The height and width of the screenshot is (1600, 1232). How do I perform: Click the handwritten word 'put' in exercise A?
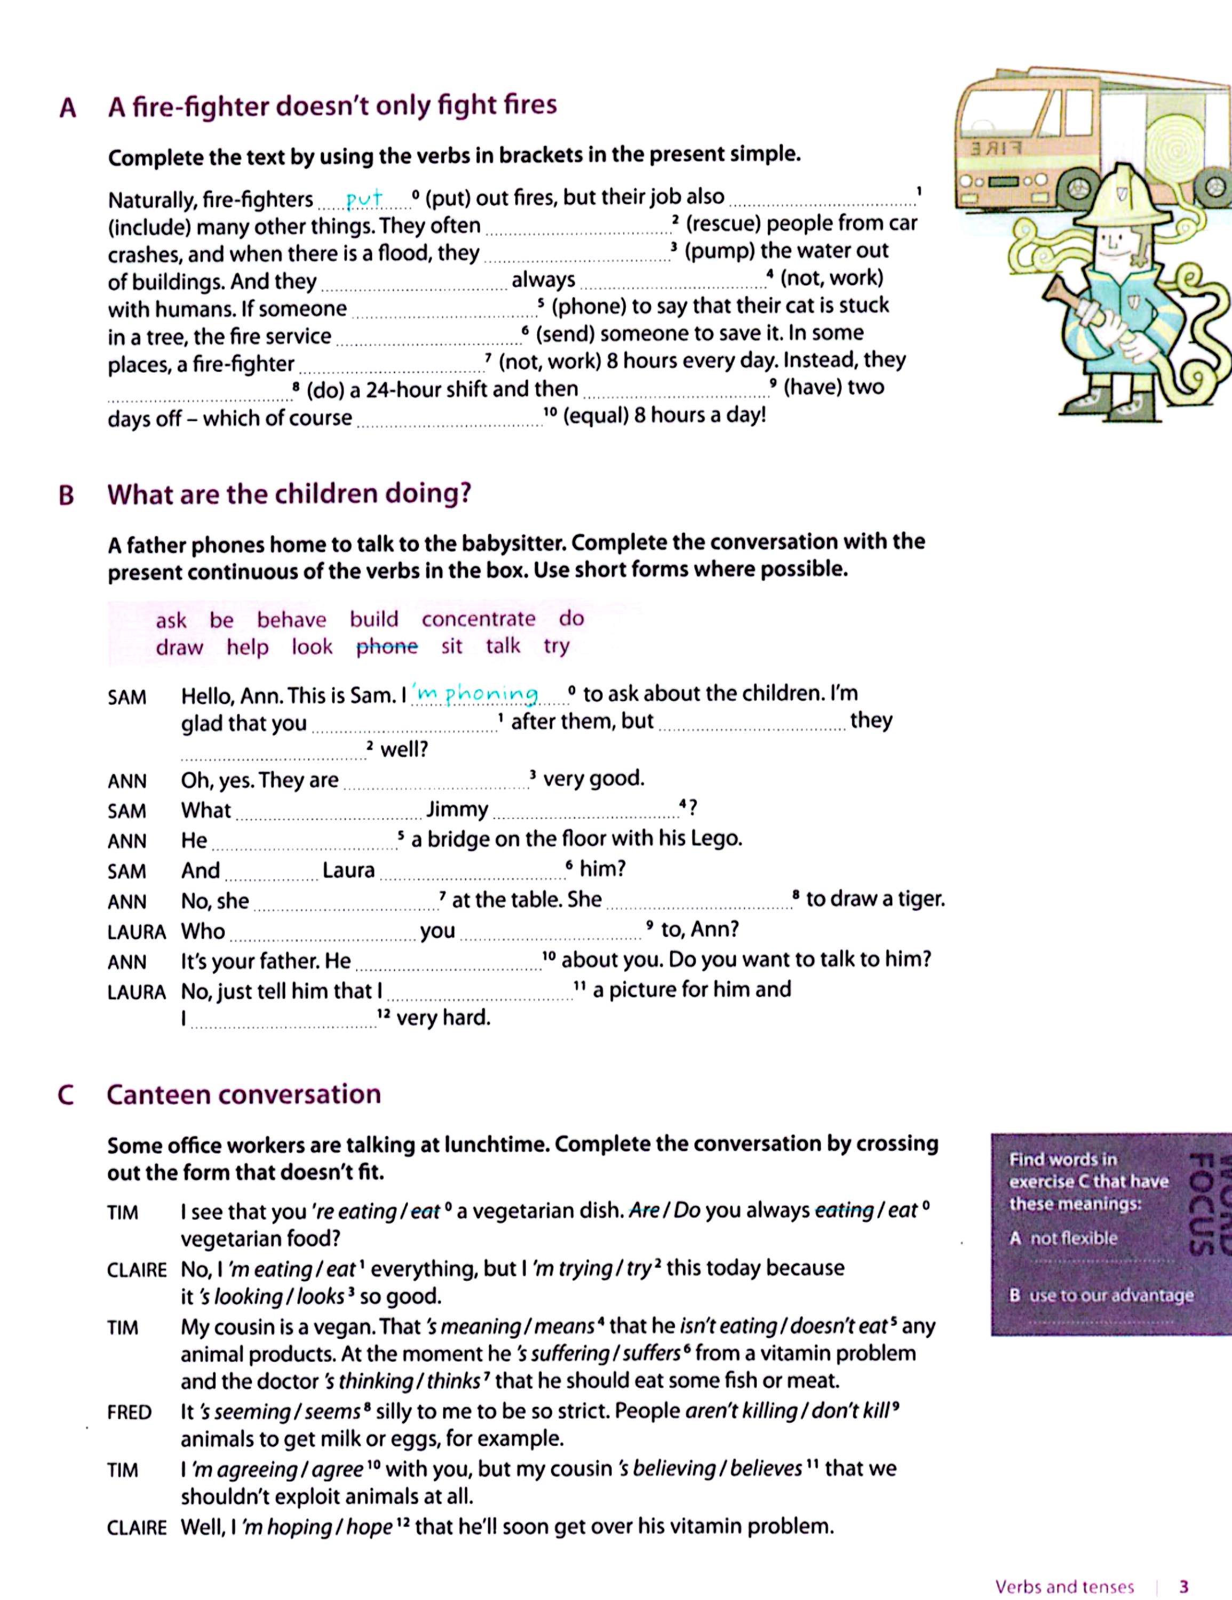click(x=364, y=198)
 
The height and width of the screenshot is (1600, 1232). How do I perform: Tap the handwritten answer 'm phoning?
click(x=475, y=693)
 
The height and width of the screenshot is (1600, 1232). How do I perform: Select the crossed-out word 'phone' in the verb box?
click(x=386, y=647)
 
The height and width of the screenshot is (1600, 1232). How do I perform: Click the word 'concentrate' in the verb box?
click(x=478, y=619)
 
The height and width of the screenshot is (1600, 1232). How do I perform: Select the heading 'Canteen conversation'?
click(x=243, y=1094)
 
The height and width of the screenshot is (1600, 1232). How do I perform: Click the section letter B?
click(x=66, y=496)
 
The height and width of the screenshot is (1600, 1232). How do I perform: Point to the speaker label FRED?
click(x=129, y=1412)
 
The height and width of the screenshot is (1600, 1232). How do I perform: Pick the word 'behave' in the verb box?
click(x=291, y=620)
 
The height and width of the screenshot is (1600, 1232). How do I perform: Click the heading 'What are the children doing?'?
click(x=289, y=494)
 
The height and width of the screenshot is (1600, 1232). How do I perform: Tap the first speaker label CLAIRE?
click(x=136, y=1269)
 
